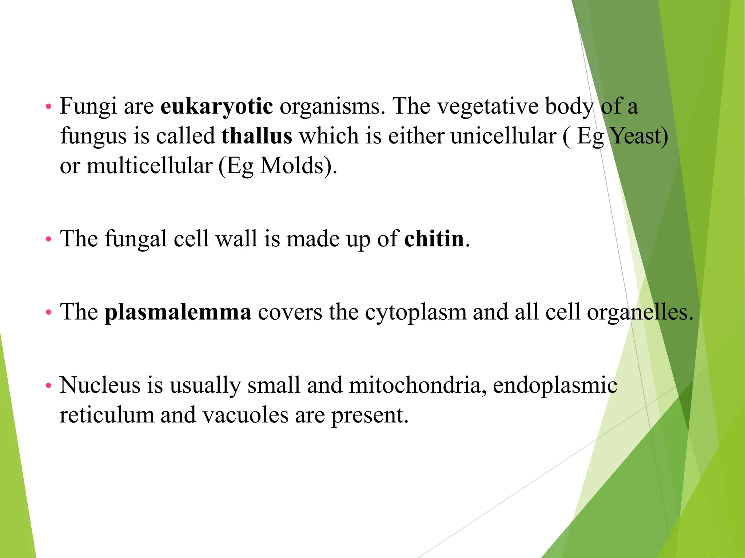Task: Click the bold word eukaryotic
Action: click(x=217, y=106)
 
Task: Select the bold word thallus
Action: click(x=257, y=136)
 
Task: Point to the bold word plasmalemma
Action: click(x=178, y=312)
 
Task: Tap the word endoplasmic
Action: click(x=555, y=385)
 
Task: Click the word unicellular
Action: click(x=503, y=136)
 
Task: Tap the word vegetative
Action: click(x=487, y=107)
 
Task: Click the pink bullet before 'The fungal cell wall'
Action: click(x=48, y=239)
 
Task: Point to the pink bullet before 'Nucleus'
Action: click(x=48, y=385)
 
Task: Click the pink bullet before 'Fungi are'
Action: click(x=48, y=107)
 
